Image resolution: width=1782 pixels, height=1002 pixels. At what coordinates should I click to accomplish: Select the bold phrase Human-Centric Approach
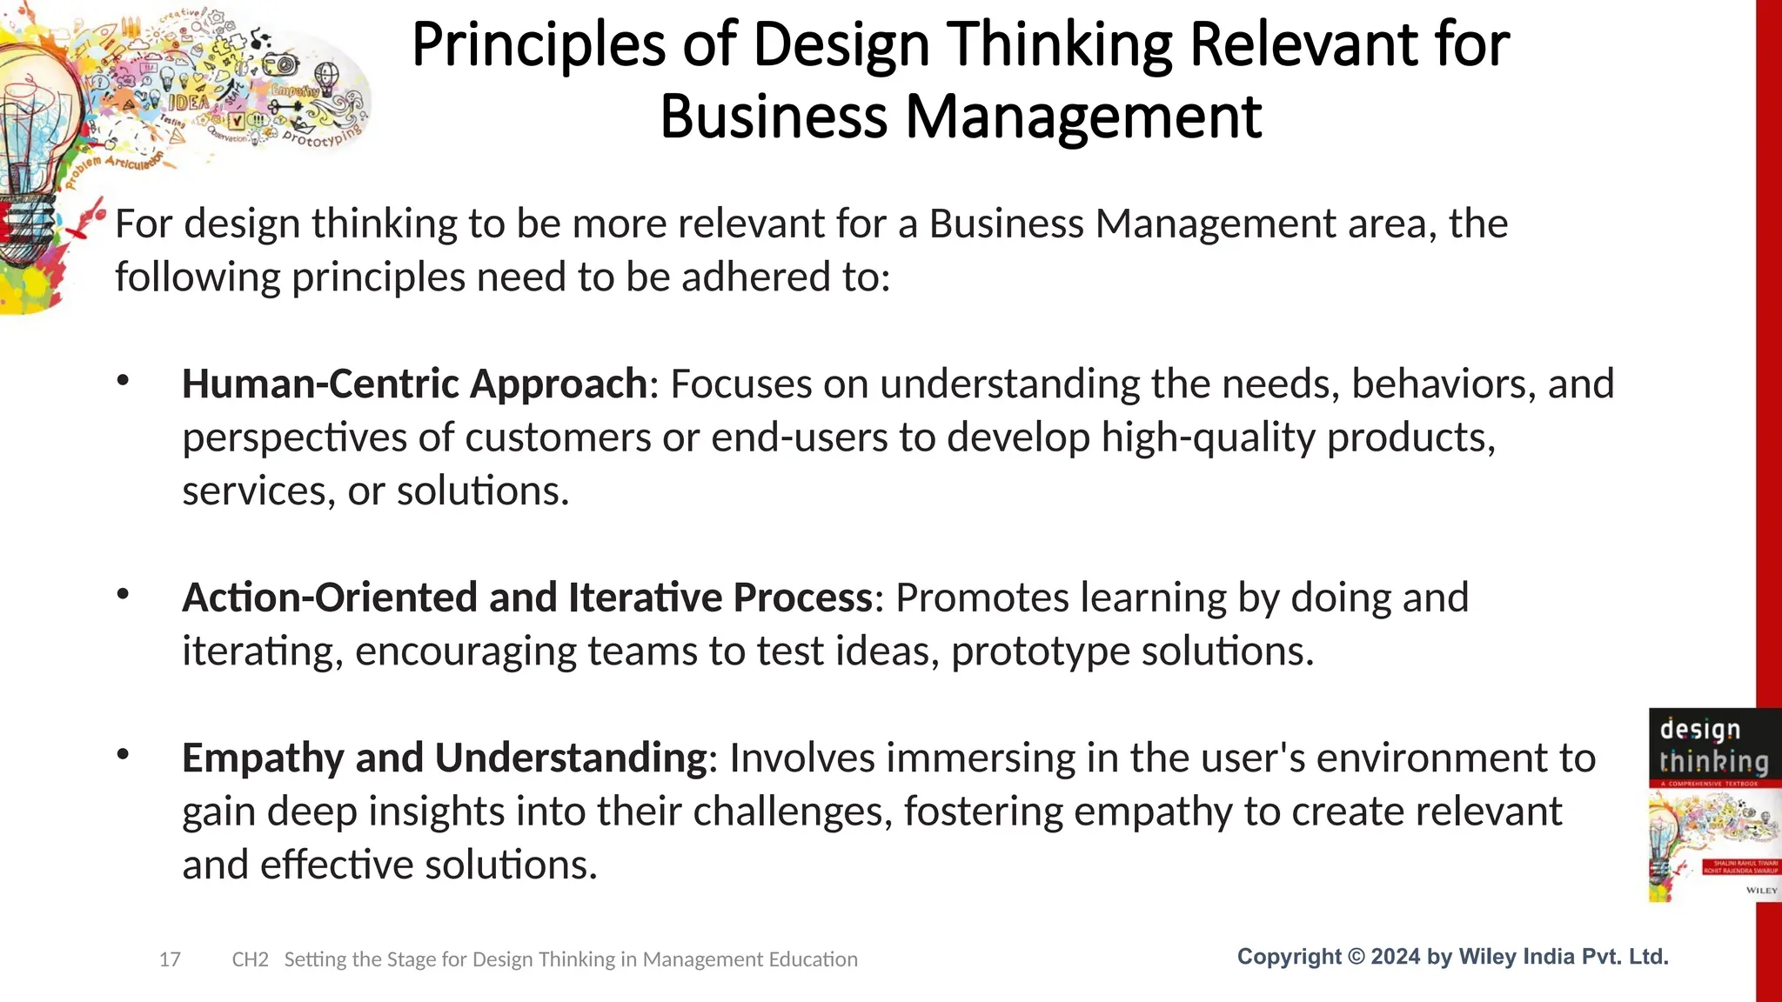(x=414, y=384)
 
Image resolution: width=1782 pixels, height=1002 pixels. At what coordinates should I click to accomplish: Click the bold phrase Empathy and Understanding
(x=444, y=758)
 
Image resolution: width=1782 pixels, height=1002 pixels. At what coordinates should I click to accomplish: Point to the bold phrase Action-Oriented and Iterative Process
(x=527, y=598)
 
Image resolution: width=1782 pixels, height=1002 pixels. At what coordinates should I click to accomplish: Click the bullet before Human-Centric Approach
(x=123, y=381)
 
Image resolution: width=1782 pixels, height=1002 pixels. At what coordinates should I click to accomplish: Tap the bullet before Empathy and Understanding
(x=123, y=755)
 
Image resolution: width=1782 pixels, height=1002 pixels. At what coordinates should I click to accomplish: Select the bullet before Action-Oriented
(x=123, y=595)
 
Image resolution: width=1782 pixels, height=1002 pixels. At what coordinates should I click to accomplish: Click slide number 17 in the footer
(x=170, y=959)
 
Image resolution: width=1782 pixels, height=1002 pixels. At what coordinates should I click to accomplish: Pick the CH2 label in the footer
(x=250, y=959)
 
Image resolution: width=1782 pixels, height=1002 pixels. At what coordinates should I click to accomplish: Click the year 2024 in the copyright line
(x=1396, y=957)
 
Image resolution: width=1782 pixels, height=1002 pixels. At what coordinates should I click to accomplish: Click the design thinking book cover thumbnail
(x=1712, y=805)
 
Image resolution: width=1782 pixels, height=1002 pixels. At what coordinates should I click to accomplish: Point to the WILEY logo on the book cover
(x=1761, y=890)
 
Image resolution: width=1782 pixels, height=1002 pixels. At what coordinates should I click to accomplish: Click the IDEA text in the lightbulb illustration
(x=187, y=102)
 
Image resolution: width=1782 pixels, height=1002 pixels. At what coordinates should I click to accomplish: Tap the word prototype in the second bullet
(x=1040, y=651)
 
